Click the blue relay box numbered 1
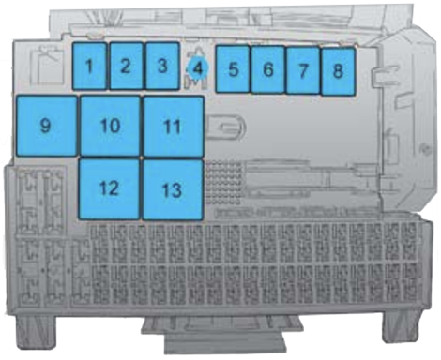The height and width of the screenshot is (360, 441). [89, 67]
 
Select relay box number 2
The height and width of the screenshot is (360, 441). [126, 67]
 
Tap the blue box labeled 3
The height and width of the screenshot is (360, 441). [161, 67]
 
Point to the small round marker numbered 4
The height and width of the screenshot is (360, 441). [198, 67]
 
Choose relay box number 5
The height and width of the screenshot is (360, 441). [233, 69]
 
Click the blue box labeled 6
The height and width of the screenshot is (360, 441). [268, 69]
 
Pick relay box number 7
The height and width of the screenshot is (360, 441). [303, 69]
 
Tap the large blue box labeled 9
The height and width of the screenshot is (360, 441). [46, 126]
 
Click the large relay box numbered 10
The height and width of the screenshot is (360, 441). [110, 126]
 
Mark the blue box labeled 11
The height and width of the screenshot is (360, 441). [173, 126]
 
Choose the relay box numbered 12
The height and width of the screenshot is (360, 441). [110, 187]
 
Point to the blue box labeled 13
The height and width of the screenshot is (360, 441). [172, 188]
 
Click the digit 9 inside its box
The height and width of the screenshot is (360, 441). [45, 125]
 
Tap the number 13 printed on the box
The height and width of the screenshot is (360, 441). [171, 189]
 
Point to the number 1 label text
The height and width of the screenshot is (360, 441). [89, 66]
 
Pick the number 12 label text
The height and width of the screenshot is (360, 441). [109, 187]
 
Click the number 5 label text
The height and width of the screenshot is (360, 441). [233, 69]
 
